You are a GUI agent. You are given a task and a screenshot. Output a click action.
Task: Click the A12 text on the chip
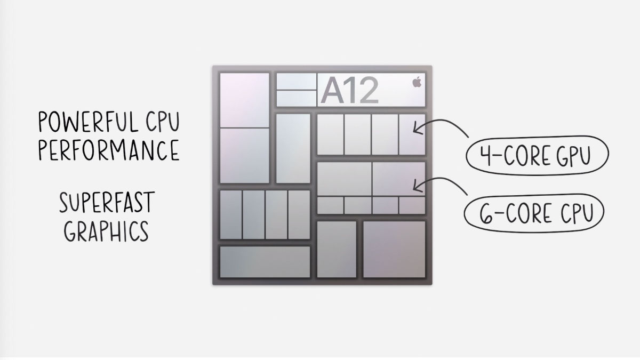349,91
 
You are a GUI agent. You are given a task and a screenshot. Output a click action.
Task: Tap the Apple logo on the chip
417,82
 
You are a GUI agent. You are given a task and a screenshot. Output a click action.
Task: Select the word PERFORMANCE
108,151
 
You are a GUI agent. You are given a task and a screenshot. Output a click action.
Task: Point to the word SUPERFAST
107,203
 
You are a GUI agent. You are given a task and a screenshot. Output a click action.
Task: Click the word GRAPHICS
106,231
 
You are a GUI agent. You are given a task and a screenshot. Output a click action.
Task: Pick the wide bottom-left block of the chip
265,262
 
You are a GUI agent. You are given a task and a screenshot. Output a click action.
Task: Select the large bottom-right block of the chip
394,249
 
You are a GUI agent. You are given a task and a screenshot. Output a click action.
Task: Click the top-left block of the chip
244,100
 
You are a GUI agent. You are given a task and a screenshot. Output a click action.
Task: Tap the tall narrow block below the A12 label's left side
293,148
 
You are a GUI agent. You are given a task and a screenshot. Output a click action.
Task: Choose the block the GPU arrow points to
412,134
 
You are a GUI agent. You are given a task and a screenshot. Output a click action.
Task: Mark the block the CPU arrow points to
398,179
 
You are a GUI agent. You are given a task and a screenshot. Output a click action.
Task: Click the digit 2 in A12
367,91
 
